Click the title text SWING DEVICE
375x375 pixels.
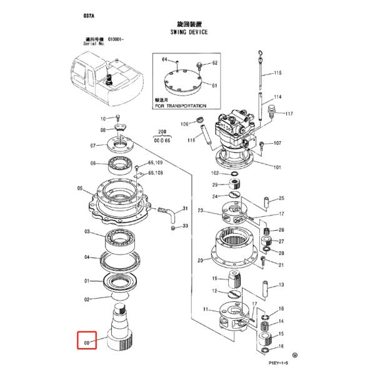click(189, 31)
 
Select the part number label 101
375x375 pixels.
click(277, 167)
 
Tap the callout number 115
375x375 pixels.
click(277, 73)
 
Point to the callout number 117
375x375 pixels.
click(289, 114)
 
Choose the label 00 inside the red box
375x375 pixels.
click(87, 342)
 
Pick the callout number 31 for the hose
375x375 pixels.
click(185, 208)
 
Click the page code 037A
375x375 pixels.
click(87, 13)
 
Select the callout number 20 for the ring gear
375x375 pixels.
click(200, 261)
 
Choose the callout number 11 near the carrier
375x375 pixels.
click(206, 309)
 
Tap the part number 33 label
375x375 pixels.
click(185, 226)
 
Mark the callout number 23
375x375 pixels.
click(201, 211)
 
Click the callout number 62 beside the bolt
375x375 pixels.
click(214, 63)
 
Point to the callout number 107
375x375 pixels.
click(277, 143)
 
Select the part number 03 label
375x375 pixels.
click(87, 231)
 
